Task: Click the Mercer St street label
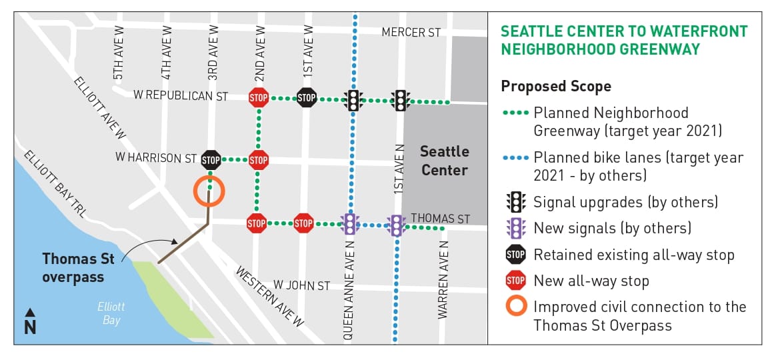(411, 33)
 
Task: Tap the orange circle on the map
(209, 191)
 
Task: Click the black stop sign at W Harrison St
(211, 160)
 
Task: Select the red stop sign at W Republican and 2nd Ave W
(258, 98)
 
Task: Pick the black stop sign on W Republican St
(306, 98)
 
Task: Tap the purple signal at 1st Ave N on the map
(397, 225)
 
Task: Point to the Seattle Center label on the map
(444, 161)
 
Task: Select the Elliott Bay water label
(111, 313)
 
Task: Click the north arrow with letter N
(30, 322)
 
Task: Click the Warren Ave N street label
(443, 280)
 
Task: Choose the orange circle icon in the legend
(515, 307)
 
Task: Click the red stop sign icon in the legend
(515, 281)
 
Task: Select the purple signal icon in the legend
(515, 228)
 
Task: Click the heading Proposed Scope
(556, 87)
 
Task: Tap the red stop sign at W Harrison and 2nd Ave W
(258, 160)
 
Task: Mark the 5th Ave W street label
(119, 53)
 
